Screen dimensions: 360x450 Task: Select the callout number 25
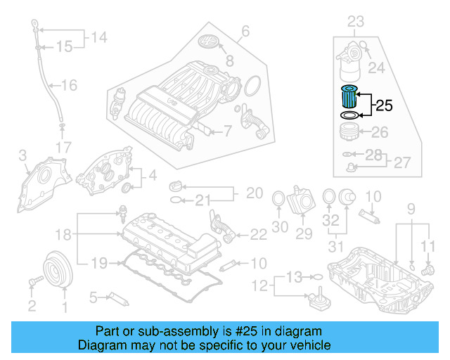[383, 106]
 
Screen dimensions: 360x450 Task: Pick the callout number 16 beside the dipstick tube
[68, 86]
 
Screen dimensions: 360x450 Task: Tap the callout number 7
[227, 130]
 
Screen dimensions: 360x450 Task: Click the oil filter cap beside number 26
[347, 132]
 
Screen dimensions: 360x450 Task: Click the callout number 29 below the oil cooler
[304, 233]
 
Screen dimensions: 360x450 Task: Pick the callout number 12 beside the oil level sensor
[262, 285]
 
